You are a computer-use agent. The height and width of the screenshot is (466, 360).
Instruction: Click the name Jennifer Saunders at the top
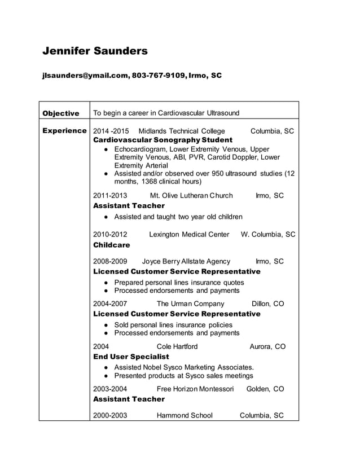95,51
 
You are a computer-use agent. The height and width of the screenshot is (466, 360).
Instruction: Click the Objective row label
61,113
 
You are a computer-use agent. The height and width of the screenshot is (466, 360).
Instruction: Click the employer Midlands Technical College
181,131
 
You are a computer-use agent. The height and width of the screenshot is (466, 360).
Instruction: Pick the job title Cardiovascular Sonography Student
163,140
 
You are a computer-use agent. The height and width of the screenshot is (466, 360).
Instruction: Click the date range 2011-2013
110,196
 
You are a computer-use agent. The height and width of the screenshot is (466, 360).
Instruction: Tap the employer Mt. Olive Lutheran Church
191,196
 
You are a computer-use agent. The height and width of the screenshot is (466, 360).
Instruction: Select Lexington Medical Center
189,235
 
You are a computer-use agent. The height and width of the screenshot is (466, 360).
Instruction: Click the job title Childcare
111,245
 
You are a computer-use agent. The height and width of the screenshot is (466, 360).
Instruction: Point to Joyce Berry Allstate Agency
186,262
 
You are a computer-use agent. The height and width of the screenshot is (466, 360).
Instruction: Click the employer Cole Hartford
177,346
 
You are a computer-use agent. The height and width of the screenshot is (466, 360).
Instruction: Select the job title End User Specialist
130,357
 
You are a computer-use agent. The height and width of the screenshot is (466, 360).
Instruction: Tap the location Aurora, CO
267,346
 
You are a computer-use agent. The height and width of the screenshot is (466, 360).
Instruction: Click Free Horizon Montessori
195,389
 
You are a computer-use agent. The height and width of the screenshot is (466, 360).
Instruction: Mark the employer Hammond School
185,416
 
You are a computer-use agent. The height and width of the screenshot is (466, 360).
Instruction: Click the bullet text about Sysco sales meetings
183,376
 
